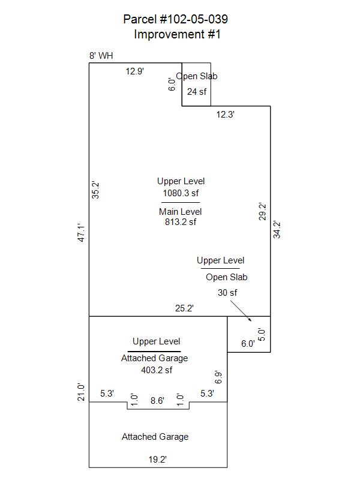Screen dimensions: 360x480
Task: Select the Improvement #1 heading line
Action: pyautogui.click(x=177, y=34)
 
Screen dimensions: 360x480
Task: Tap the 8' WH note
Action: pyautogui.click(x=101, y=56)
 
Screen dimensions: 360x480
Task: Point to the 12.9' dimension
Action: pyautogui.click(x=134, y=71)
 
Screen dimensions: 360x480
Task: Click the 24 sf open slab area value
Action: pyautogui.click(x=197, y=92)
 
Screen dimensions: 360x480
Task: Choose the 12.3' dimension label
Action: pyautogui.click(x=226, y=115)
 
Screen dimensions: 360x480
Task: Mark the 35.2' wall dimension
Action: pyautogui.click(x=95, y=190)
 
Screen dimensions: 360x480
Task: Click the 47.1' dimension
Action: pyautogui.click(x=81, y=233)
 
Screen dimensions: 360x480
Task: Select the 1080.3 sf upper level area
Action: pyautogui.click(x=181, y=193)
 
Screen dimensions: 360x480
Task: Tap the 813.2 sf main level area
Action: pyautogui.click(x=181, y=222)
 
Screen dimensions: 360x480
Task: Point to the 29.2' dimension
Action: pyautogui.click(x=262, y=212)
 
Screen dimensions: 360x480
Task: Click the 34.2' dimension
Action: pyautogui.click(x=277, y=230)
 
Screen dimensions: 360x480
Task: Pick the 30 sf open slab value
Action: pyautogui.click(x=227, y=293)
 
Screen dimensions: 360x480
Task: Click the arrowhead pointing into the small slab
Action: pyautogui.click(x=250, y=320)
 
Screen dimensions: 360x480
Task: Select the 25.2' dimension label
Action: pyautogui.click(x=184, y=308)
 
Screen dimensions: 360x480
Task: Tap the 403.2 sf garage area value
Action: pyautogui.click(x=157, y=370)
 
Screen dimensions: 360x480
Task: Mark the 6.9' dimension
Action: pyautogui.click(x=218, y=377)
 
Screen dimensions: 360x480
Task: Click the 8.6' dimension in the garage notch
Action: pyautogui.click(x=157, y=401)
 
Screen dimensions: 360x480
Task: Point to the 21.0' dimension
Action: pyautogui.click(x=81, y=392)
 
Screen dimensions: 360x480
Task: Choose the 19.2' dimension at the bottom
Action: pyautogui.click(x=158, y=460)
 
